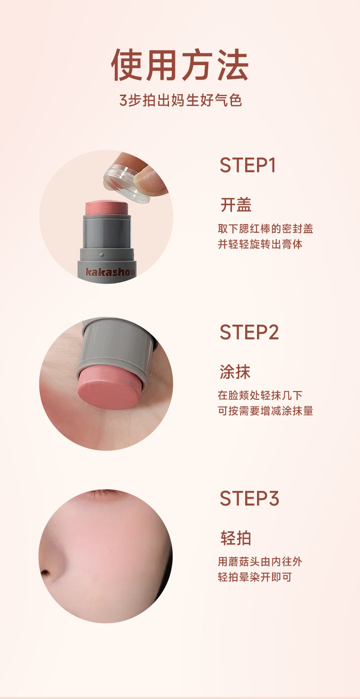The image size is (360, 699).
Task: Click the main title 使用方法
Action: click(x=180, y=65)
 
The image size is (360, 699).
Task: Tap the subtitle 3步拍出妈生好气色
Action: click(x=180, y=100)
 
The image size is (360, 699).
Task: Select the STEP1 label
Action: click(x=247, y=165)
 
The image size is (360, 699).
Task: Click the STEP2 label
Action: click(x=249, y=332)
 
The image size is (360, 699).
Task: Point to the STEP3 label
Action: click(x=249, y=498)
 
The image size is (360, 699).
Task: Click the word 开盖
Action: click(x=236, y=205)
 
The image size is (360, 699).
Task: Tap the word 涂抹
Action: click(x=235, y=372)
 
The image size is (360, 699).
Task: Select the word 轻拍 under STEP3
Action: click(x=236, y=538)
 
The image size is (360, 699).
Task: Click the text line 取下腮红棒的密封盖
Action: click(x=265, y=229)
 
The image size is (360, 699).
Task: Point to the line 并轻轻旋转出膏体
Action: click(x=260, y=244)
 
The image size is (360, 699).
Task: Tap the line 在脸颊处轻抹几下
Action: click(x=260, y=395)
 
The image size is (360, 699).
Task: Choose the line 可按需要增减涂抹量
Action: click(x=265, y=411)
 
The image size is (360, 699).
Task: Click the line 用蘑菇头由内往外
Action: click(x=260, y=561)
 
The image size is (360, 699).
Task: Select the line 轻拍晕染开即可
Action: click(x=255, y=577)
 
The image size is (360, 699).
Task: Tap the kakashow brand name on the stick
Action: click(x=110, y=272)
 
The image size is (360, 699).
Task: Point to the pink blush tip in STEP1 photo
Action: click(x=107, y=208)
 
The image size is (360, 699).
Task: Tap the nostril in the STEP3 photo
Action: click(x=45, y=572)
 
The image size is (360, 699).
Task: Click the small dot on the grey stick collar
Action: click(x=102, y=255)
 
